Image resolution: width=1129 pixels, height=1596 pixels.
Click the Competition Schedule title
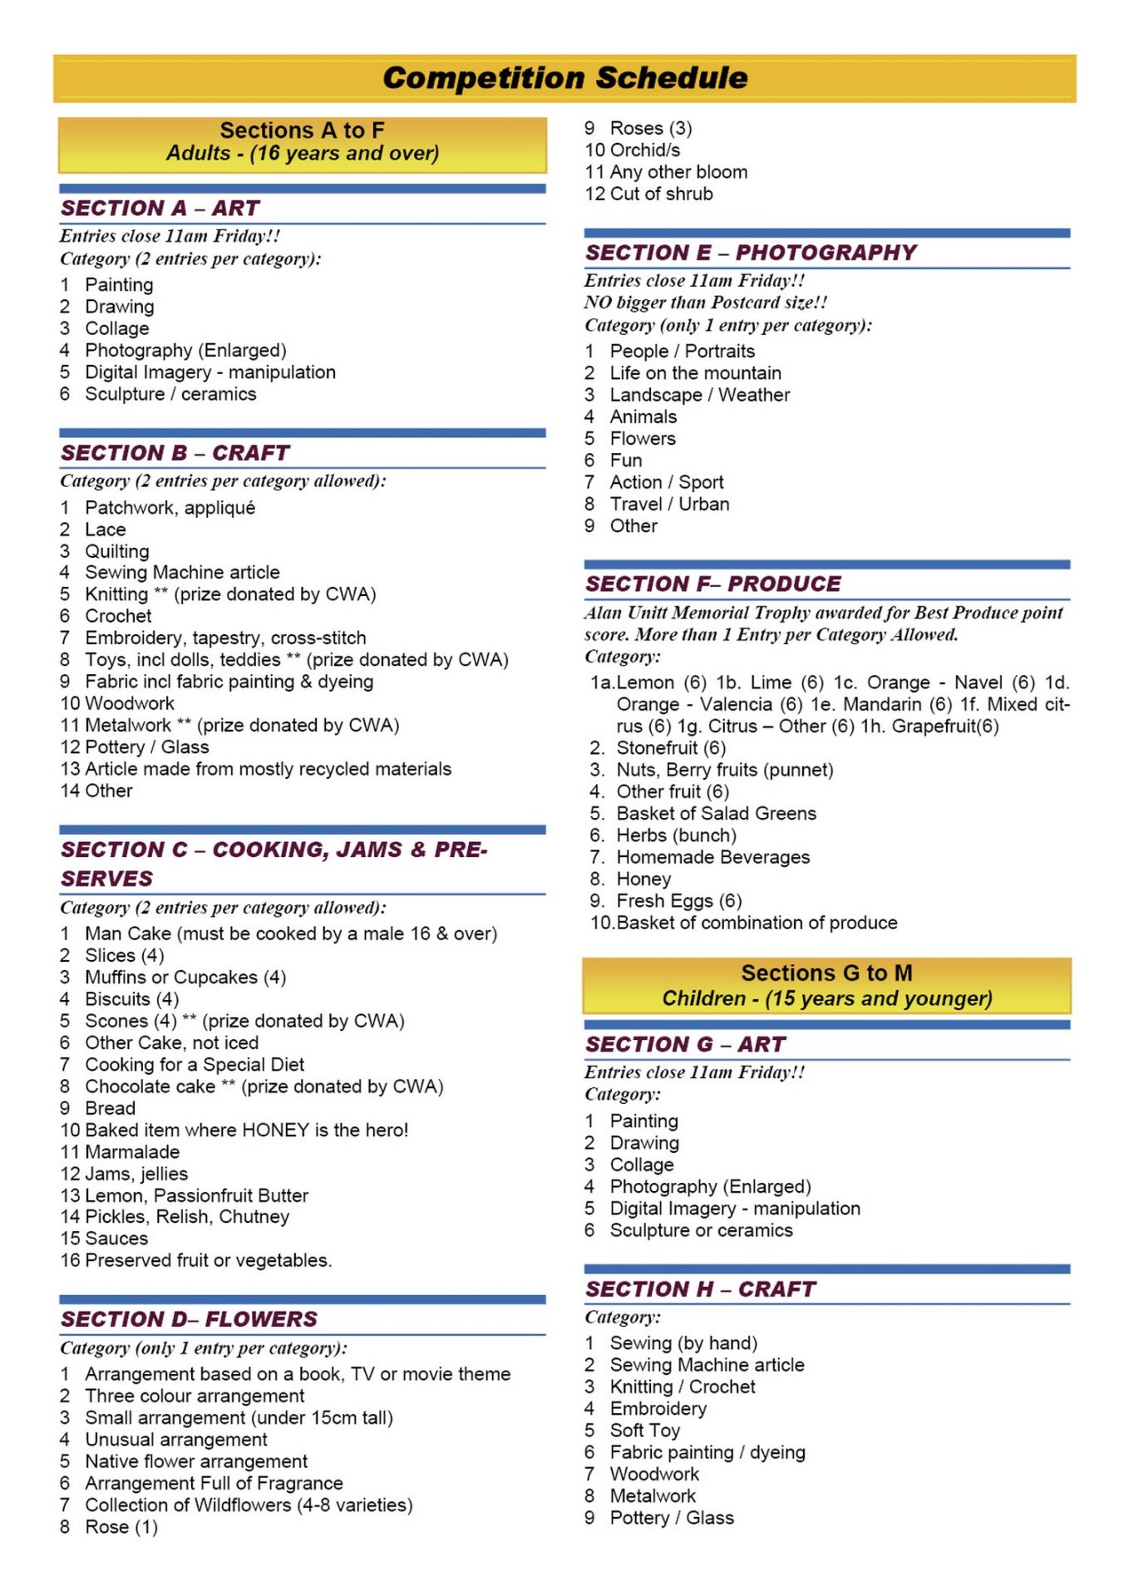[x=564, y=78]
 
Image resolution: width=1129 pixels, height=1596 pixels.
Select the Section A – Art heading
[x=160, y=208]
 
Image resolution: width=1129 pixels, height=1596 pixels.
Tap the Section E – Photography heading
[x=751, y=253]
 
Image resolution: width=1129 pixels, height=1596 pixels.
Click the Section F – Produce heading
[x=713, y=584]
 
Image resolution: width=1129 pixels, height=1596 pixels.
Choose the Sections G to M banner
[x=826, y=985]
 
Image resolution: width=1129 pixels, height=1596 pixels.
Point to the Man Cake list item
[x=291, y=933]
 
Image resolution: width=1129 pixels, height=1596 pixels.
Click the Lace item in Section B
[x=106, y=530]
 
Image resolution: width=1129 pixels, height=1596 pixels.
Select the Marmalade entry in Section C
[x=132, y=1152]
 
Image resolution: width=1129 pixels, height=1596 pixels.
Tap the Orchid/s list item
[x=644, y=150]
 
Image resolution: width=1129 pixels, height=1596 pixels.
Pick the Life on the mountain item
[x=695, y=373]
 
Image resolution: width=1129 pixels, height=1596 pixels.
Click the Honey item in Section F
[x=643, y=879]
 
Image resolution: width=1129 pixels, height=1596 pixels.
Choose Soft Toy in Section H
[x=645, y=1431]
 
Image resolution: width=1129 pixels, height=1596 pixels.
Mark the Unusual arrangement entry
[x=176, y=1440]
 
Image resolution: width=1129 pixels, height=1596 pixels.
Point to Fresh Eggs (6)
[x=678, y=901]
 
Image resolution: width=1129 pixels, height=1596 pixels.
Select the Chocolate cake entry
[x=264, y=1086]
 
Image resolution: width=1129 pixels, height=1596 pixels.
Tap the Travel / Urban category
[x=669, y=505]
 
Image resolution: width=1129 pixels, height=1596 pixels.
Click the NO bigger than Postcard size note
[x=705, y=303]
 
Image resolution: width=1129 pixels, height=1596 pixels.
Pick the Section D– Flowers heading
[x=189, y=1319]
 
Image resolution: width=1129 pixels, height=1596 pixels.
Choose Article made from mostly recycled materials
[x=268, y=769]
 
